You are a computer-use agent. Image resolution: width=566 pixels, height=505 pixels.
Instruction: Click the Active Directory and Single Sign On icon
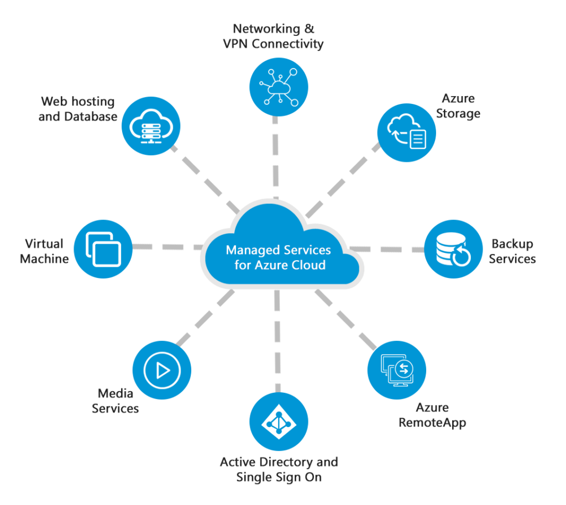(279, 423)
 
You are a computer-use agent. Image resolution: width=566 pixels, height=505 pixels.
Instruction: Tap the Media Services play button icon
(162, 370)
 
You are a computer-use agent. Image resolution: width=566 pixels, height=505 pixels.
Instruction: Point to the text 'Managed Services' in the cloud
(278, 250)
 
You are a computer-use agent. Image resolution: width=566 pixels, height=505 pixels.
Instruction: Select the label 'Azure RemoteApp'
(432, 415)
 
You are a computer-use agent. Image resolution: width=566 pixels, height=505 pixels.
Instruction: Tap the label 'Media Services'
(116, 401)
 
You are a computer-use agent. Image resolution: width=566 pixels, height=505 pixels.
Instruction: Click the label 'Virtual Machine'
(44, 251)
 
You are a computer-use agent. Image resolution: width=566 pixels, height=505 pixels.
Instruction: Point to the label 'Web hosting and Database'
(77, 109)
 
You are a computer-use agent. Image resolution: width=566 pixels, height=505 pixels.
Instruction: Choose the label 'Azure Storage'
(458, 106)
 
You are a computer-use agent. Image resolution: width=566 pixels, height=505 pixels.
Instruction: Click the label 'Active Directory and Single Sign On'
(279, 470)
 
